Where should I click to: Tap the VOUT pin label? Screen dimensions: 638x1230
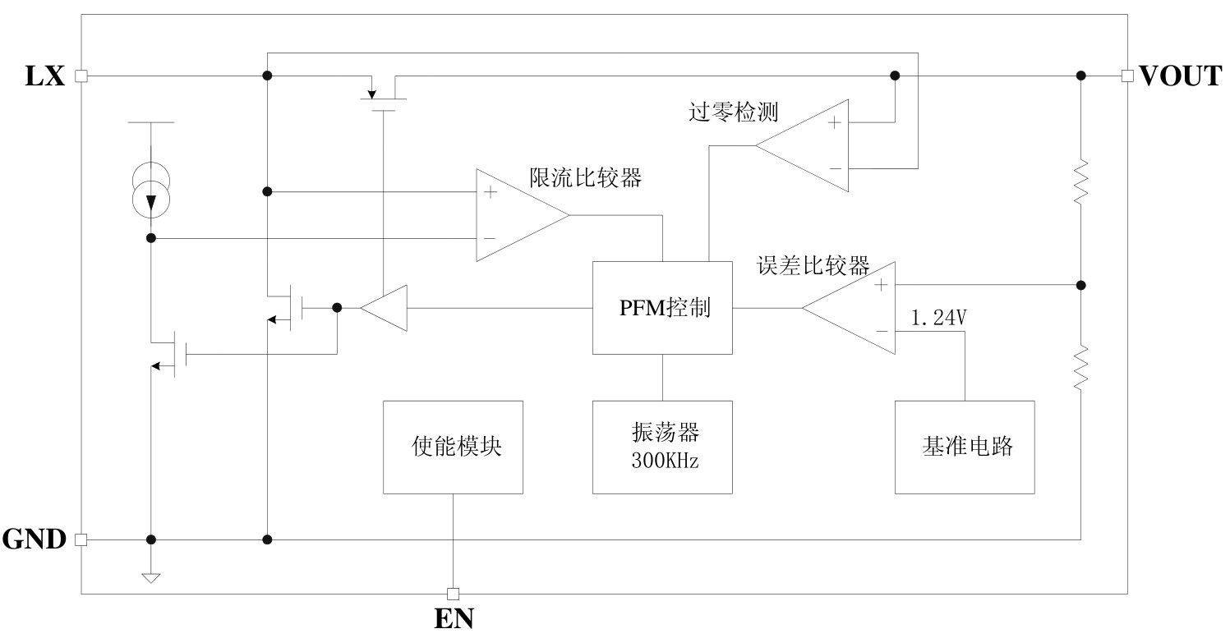(x=1181, y=76)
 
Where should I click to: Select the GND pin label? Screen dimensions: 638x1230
(x=35, y=539)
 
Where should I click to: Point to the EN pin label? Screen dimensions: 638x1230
(x=454, y=617)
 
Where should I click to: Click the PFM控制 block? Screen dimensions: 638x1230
(x=662, y=308)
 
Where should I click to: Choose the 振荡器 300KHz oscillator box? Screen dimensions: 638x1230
(x=662, y=447)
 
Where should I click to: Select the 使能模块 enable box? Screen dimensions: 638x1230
(x=454, y=447)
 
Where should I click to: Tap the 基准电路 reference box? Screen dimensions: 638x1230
(x=965, y=447)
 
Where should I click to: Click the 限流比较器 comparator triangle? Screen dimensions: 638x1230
(x=516, y=216)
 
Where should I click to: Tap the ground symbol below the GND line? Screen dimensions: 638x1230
(x=150, y=577)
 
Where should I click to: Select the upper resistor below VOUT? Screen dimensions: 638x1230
(x=1081, y=181)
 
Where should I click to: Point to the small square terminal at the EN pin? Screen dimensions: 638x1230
(x=453, y=594)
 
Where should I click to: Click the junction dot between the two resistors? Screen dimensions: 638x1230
(x=1081, y=285)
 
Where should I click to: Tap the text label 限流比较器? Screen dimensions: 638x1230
(x=585, y=177)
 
